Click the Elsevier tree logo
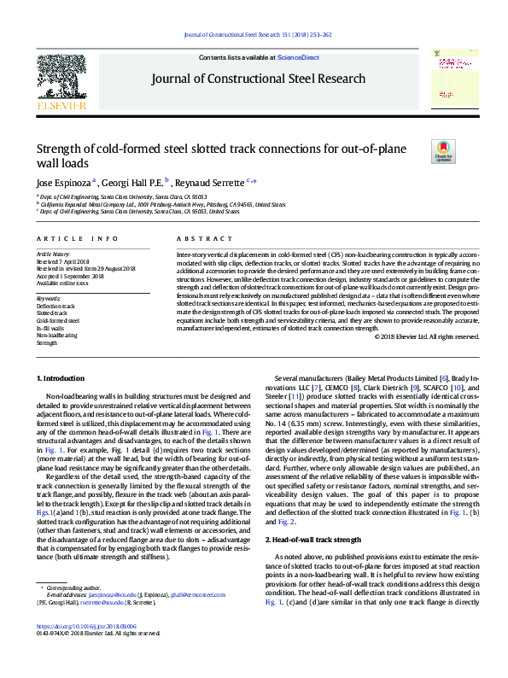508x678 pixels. click(x=61, y=78)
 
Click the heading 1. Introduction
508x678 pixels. click(x=62, y=377)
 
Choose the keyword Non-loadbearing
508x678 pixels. click(x=56, y=335)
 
